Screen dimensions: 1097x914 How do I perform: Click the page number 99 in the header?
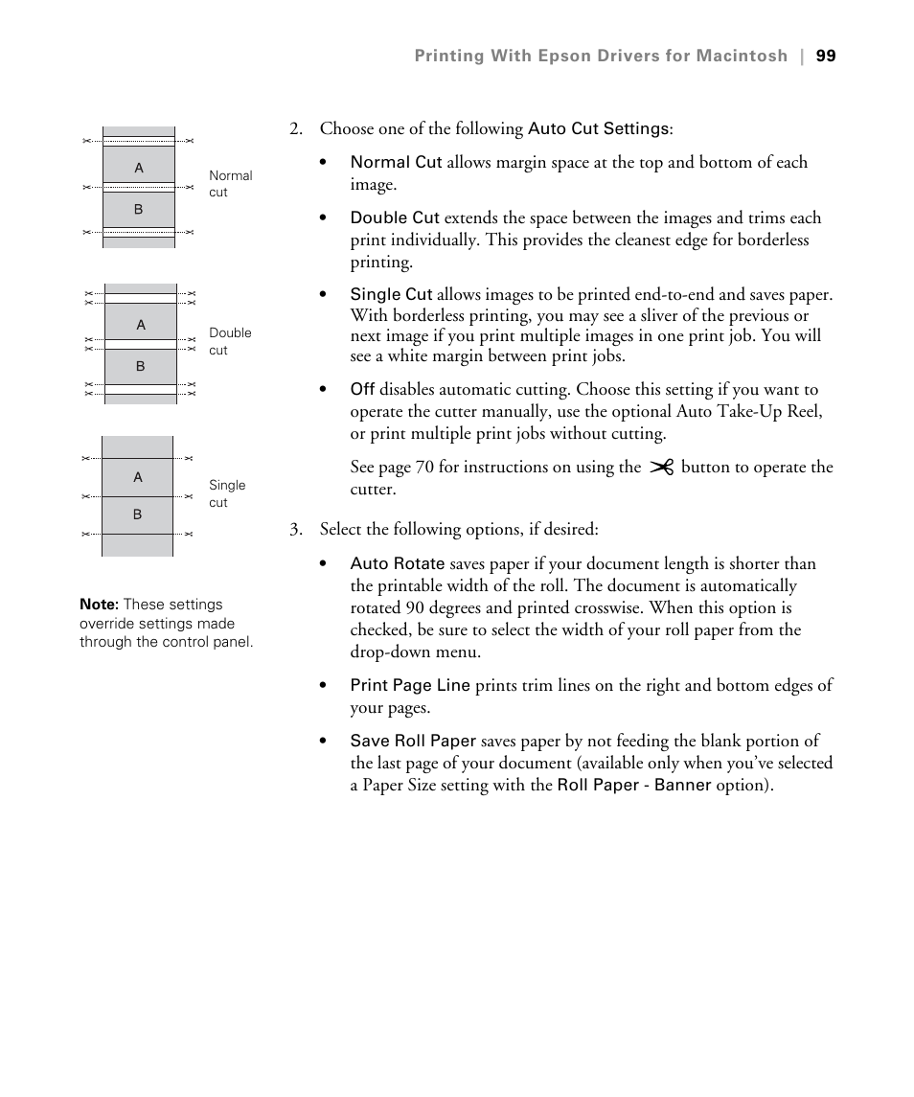pos(826,57)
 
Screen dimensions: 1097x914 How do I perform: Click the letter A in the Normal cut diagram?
pos(139,168)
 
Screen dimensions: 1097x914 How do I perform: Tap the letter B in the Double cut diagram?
pos(141,366)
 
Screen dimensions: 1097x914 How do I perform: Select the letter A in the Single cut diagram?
pos(138,477)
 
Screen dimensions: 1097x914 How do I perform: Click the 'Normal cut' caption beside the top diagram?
pos(230,184)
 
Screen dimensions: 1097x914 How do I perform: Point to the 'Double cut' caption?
pos(230,341)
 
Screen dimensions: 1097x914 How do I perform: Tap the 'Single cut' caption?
pos(227,493)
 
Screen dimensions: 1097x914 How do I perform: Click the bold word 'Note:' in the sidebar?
pos(99,605)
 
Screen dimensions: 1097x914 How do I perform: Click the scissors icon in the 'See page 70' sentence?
pos(661,468)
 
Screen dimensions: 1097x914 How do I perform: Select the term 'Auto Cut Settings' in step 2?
pos(598,128)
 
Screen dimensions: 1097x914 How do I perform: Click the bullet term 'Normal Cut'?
pos(396,163)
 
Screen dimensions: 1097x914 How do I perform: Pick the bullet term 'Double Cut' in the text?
pos(395,218)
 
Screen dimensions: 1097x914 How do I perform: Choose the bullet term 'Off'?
pos(362,390)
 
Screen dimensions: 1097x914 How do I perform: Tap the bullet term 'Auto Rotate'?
pos(397,564)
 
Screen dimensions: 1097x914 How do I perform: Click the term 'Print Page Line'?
pos(410,685)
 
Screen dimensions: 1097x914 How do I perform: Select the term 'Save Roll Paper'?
pos(413,741)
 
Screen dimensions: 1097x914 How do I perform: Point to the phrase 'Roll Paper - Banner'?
pos(634,786)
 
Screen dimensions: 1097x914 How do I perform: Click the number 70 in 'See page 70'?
pos(425,468)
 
